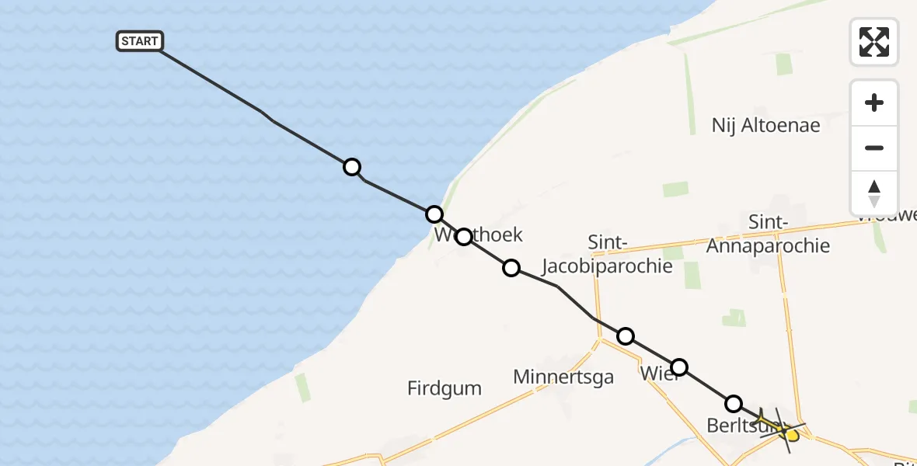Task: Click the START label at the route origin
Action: click(140, 41)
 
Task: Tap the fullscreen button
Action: click(874, 42)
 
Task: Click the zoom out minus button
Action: click(874, 148)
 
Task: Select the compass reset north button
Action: click(874, 193)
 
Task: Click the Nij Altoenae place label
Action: click(765, 125)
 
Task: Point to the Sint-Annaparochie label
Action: click(768, 235)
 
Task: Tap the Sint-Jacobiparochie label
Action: click(629, 254)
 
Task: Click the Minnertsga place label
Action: click(563, 377)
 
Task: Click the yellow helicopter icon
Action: click(782, 428)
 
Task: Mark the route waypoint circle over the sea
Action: click(352, 167)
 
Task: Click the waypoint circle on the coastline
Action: click(434, 214)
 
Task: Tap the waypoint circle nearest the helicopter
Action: click(733, 404)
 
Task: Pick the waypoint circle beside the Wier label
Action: click(679, 367)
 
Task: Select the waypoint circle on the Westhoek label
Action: click(463, 236)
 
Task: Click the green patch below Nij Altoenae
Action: click(675, 190)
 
